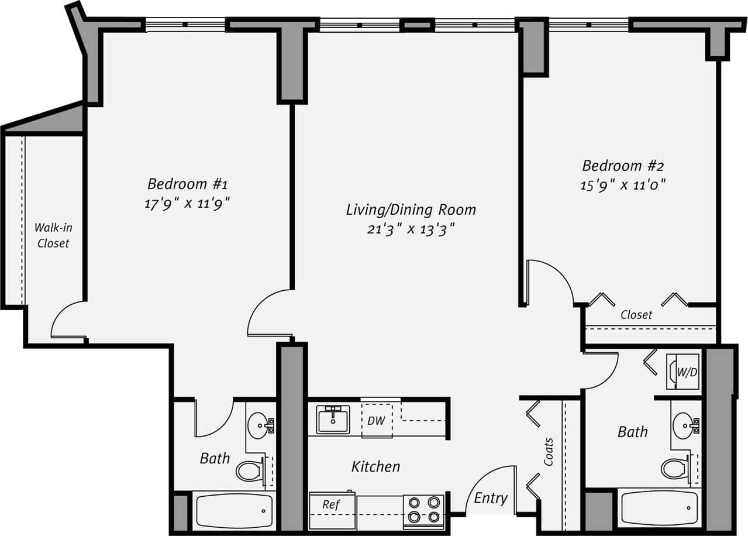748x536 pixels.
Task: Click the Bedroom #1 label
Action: [x=187, y=184]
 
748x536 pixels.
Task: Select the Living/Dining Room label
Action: [x=411, y=209]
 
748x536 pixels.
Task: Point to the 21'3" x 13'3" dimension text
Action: [x=411, y=229]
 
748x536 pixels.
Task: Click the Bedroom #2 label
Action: [x=623, y=165]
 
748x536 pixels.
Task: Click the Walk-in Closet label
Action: [x=53, y=235]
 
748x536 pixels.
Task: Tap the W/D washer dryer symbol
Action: [x=683, y=371]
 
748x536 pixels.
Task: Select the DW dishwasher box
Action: [x=377, y=420]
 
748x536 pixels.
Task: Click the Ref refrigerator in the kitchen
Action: [x=332, y=504]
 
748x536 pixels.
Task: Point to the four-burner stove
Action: [x=424, y=509]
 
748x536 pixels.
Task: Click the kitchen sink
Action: [x=333, y=420]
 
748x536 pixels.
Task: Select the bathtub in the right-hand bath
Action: [x=659, y=508]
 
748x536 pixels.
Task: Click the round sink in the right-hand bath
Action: [x=682, y=422]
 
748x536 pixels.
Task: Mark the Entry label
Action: [x=490, y=498]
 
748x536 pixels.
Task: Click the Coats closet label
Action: [x=549, y=452]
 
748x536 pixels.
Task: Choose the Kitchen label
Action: [x=375, y=466]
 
